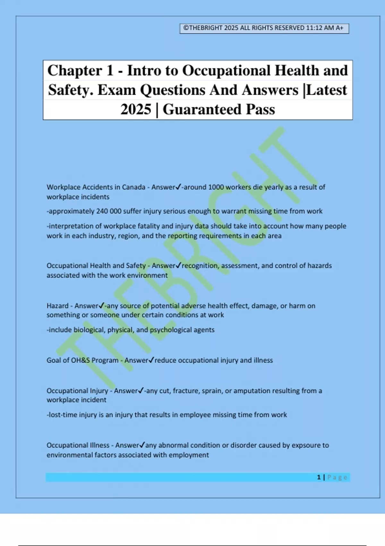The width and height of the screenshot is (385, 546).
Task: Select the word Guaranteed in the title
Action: click(x=202, y=110)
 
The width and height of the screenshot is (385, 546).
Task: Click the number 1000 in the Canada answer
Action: click(x=216, y=187)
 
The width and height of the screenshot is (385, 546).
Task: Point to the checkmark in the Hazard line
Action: click(x=102, y=305)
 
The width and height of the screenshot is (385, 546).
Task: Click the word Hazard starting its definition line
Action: click(x=57, y=306)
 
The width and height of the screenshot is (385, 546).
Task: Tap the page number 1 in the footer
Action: click(x=319, y=477)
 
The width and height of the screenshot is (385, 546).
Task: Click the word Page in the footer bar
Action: click(x=337, y=477)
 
